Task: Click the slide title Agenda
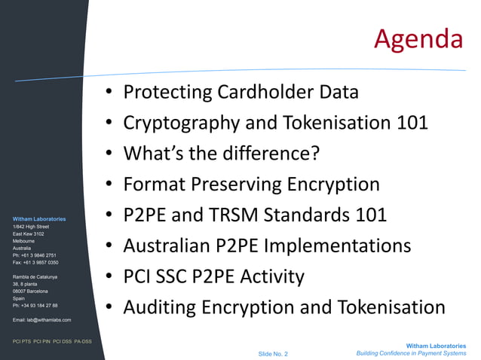(418, 38)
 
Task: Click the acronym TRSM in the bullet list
(246, 215)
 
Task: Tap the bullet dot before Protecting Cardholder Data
(110, 93)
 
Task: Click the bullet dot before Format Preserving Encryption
(110, 185)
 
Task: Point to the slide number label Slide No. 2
(273, 353)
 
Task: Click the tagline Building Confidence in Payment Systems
(411, 353)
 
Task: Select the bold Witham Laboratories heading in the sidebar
(39, 219)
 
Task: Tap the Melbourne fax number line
(35, 262)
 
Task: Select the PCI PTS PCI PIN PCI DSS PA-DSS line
(52, 341)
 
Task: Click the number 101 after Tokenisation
(412, 123)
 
